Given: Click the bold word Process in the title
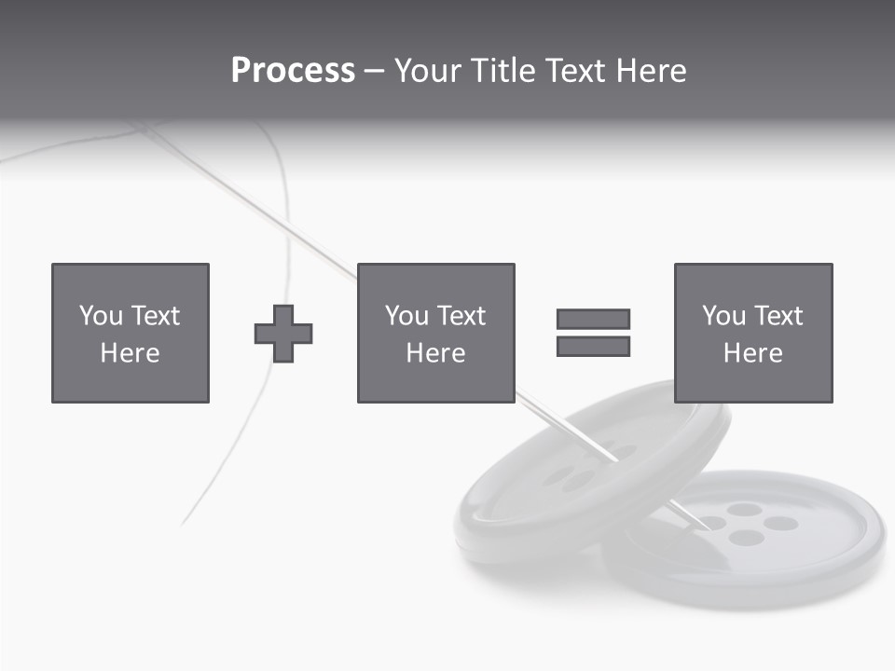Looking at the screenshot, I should (293, 71).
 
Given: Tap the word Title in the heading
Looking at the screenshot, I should (504, 71).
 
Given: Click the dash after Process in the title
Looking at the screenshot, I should (374, 72).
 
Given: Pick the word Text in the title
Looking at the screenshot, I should (573, 71).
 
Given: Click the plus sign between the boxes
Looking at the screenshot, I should (283, 334).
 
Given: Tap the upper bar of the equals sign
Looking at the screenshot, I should (593, 319).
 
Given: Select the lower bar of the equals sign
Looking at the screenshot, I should (593, 347).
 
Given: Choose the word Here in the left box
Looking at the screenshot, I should (130, 353).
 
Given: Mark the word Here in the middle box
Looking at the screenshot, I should (435, 353).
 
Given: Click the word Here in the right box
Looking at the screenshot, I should (752, 353).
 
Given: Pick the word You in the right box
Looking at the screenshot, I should (723, 316).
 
